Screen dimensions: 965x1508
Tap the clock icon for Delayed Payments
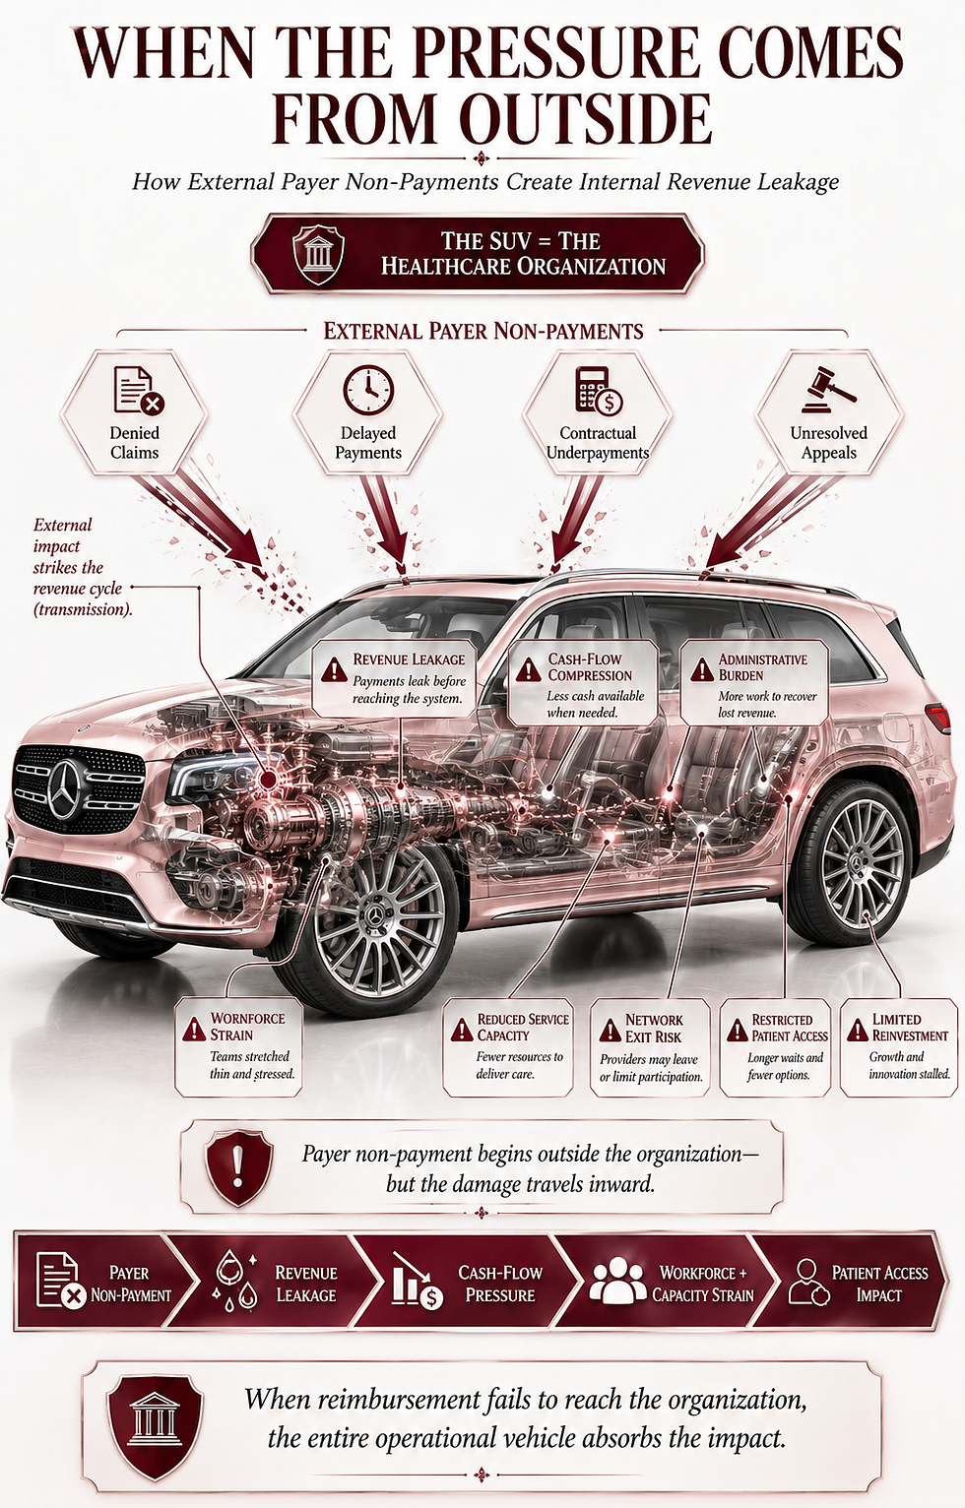point(368,390)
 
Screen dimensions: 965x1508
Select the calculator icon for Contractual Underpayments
point(599,391)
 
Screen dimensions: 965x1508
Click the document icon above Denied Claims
point(139,390)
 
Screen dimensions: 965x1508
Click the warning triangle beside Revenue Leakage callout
point(334,670)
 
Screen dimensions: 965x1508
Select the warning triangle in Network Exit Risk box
point(611,1030)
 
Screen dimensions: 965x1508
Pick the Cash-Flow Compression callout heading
point(590,667)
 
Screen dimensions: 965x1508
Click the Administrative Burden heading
point(762,667)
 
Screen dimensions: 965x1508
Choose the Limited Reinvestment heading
point(909,1028)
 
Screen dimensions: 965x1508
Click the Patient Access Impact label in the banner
point(879,1284)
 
